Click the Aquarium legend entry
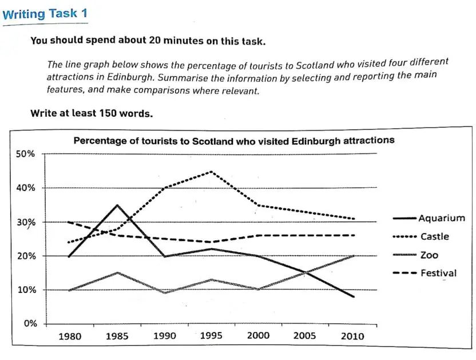tap(441, 218)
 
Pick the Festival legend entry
tap(438, 273)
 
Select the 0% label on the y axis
tap(30, 324)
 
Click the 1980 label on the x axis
tap(70, 337)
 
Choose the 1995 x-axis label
tap(212, 337)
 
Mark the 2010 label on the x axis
tap(352, 337)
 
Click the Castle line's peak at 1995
tap(212, 171)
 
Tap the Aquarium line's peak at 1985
tap(117, 205)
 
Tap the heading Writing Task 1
tap(45, 13)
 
